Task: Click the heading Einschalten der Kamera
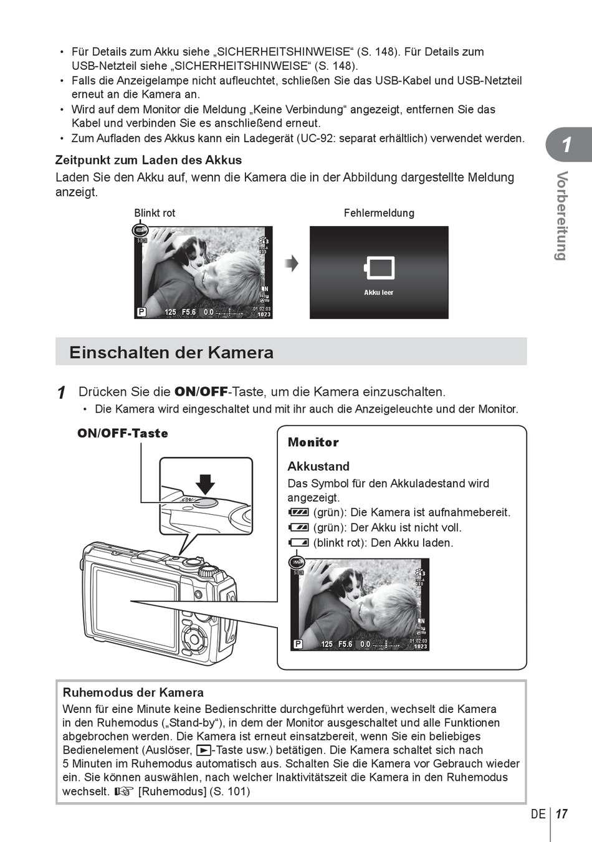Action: [x=171, y=352]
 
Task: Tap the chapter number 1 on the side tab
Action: [x=566, y=145]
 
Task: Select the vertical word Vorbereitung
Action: [x=562, y=216]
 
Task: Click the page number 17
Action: [x=561, y=814]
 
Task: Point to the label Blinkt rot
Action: [x=155, y=213]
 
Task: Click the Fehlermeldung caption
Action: [x=379, y=213]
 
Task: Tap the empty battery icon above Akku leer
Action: [x=379, y=268]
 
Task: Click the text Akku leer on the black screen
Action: [x=379, y=292]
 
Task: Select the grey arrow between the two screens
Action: [x=292, y=264]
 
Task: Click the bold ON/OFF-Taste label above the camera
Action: [x=123, y=433]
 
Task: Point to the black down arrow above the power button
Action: [x=205, y=484]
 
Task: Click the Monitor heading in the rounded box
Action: [x=313, y=443]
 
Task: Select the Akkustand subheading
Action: [x=318, y=466]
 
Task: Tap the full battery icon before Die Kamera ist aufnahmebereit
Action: [x=298, y=512]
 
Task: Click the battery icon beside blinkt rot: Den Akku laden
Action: [x=298, y=543]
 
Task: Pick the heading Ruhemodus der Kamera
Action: [x=133, y=692]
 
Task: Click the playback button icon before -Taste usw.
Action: [x=203, y=750]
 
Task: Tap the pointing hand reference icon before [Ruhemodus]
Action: [x=124, y=792]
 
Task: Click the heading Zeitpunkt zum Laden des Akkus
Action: [x=148, y=160]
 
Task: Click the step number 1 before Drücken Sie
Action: [x=61, y=393]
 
